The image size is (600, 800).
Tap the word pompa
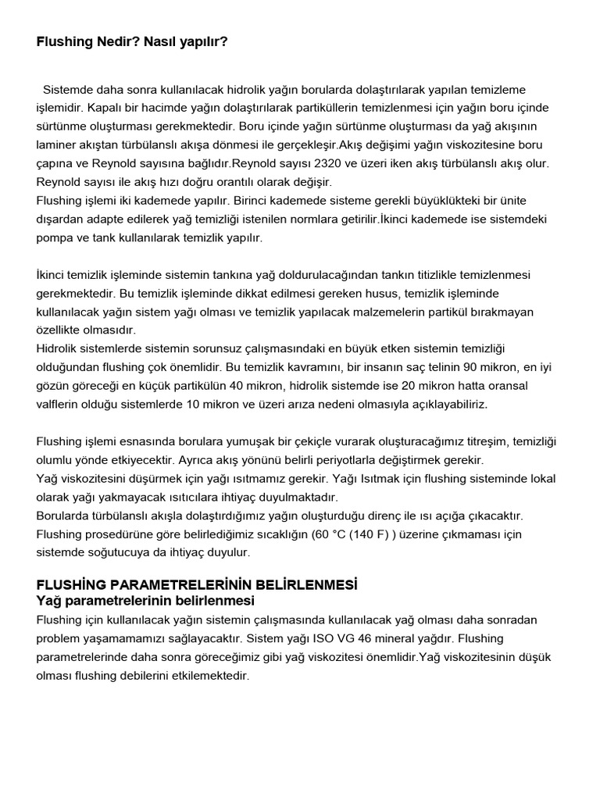point(55,237)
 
